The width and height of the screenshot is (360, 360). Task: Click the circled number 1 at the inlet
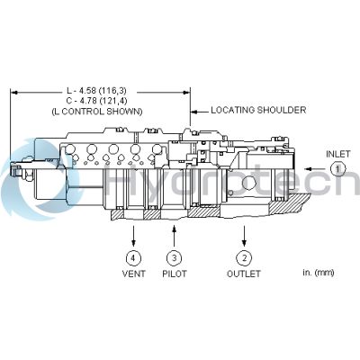coord(338,169)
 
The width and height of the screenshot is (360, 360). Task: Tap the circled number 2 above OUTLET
coord(244,258)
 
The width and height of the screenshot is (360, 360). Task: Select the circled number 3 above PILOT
coord(175,258)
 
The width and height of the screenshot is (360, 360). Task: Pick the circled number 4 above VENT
coord(133,258)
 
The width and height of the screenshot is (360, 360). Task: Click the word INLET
coord(338,154)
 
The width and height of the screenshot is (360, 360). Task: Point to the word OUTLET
coord(244,274)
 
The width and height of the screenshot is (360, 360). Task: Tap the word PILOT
coord(175,274)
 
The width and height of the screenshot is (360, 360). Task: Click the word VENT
coord(133,274)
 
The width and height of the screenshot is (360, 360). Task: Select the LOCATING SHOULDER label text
coord(258,110)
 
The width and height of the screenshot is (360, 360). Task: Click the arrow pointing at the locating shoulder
coord(200,112)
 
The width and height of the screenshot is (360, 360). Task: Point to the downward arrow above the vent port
coord(133,236)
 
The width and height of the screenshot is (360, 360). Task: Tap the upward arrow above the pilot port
coord(175,236)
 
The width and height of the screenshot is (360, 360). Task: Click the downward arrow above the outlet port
coord(244,236)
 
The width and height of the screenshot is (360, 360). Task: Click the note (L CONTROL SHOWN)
coord(97,112)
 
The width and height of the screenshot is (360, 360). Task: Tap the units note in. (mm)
coord(318,273)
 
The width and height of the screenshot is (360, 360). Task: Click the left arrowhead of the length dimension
coord(14,93)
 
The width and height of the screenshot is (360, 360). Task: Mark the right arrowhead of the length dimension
coord(186,93)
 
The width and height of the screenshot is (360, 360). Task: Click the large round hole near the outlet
coord(249,184)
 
